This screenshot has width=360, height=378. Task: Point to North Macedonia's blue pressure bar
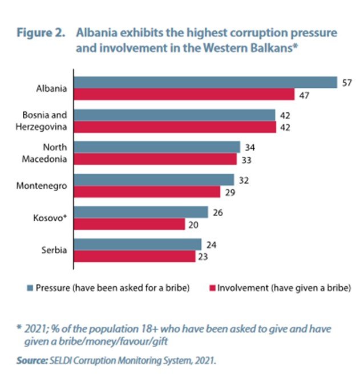(x=157, y=148)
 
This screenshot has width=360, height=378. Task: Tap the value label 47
(x=304, y=95)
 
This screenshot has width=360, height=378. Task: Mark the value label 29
(x=230, y=192)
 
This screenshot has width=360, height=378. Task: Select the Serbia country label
(x=56, y=251)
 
